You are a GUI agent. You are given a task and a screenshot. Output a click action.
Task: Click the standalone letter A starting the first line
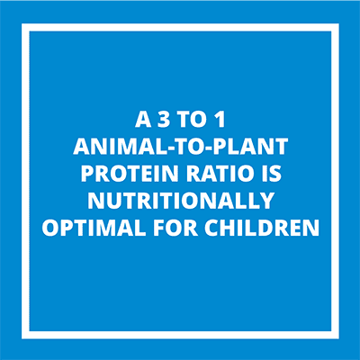coord(143,120)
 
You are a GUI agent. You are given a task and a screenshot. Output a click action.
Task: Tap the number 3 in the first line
coord(163,120)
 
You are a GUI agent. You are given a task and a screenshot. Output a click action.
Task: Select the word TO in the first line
coord(190,120)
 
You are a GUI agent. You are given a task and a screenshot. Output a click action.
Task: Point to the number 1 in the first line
coord(220,120)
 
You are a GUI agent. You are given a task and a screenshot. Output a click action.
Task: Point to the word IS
coord(272,174)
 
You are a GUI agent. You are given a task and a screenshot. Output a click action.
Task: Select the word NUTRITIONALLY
coord(181,201)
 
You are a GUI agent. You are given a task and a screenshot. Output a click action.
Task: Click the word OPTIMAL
coord(94,228)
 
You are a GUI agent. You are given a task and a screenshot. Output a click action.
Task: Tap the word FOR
coord(175,228)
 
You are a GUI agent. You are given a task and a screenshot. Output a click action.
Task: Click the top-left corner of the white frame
coord(22,23)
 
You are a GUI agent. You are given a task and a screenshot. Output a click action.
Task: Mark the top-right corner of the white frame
coord(339,23)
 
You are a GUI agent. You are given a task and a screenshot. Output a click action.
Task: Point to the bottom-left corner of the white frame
coord(22,339)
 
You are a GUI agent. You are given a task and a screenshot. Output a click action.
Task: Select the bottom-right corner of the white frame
coord(339,339)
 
